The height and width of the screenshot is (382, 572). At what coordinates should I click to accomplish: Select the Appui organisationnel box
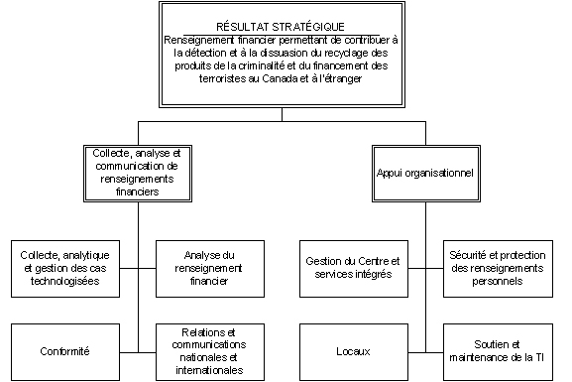click(x=423, y=173)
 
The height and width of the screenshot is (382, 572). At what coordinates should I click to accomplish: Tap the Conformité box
click(x=66, y=350)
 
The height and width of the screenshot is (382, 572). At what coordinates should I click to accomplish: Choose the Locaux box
click(x=353, y=350)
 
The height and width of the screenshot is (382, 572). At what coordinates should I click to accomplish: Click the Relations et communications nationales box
click(x=207, y=350)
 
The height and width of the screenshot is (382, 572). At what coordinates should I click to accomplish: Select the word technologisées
click(x=66, y=281)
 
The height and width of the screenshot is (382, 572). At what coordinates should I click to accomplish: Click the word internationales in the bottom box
click(x=207, y=370)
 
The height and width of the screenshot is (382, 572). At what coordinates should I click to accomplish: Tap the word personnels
click(x=496, y=281)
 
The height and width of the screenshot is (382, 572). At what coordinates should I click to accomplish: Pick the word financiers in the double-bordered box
click(x=136, y=191)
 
